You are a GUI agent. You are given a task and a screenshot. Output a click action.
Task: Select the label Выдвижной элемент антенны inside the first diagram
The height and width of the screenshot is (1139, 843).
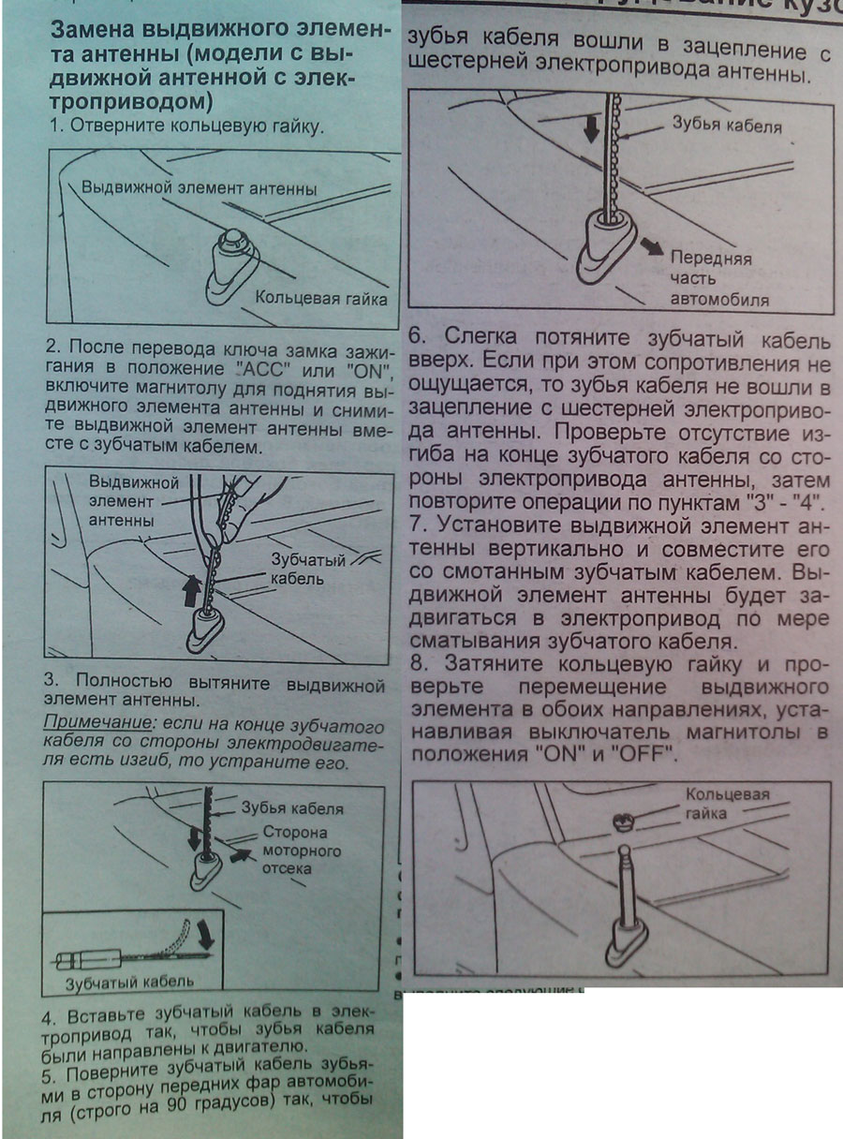[x=199, y=187]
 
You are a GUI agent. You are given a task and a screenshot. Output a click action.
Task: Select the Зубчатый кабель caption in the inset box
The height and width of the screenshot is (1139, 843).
[x=129, y=982]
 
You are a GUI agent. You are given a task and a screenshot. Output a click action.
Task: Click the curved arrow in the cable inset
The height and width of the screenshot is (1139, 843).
[x=202, y=933]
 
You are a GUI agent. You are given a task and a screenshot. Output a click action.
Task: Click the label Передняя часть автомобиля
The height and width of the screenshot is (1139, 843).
[x=712, y=279]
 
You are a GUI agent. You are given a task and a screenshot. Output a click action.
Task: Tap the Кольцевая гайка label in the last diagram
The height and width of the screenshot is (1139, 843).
[x=727, y=805]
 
